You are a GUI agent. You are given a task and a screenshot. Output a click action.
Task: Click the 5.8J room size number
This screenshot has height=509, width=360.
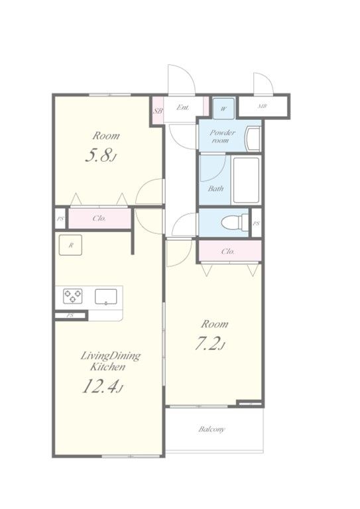[101, 156]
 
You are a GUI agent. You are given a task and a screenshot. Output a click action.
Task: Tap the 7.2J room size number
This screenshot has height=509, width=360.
[210, 344]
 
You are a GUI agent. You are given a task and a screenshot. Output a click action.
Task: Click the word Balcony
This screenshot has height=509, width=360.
[211, 429]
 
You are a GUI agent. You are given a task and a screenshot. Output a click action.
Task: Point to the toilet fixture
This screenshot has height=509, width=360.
[235, 223]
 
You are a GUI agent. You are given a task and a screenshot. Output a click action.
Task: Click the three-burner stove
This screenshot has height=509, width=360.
[72, 296]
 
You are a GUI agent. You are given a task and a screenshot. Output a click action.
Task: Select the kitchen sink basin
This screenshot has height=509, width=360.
[106, 296]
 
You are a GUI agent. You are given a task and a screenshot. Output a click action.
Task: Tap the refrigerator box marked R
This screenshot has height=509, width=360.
[70, 245]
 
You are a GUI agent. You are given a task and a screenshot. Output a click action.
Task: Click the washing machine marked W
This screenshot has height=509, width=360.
[223, 109]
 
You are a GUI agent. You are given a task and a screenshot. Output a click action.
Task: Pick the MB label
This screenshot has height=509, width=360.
[263, 106]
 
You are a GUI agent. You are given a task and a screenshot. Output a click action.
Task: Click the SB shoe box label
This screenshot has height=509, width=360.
[158, 111]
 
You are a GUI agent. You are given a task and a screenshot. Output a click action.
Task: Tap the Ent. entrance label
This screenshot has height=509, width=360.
[183, 107]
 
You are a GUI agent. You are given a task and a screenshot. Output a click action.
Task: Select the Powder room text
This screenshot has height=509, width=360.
[222, 137]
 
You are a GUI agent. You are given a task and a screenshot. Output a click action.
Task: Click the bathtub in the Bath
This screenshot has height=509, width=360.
[247, 180]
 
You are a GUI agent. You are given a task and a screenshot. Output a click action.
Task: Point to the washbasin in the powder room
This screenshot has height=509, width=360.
[253, 139]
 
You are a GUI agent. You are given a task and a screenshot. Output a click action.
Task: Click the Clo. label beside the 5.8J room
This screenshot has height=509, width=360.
[99, 218]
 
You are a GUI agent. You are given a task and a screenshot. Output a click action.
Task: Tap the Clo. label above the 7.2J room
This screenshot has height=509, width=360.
[228, 251]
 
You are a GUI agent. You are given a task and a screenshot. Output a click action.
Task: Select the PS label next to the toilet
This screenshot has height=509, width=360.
[257, 223]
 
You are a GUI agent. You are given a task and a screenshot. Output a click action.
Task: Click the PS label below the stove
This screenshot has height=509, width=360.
[70, 315]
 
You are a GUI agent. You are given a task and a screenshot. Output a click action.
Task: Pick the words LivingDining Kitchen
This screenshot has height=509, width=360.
[110, 361]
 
